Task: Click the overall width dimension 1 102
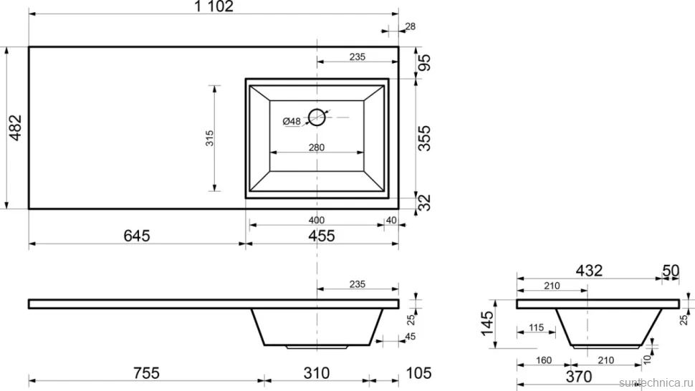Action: [x=214, y=6]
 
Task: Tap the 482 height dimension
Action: [x=15, y=127]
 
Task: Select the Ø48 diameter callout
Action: [x=291, y=121]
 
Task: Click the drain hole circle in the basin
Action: [x=317, y=117]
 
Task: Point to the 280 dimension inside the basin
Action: [x=317, y=147]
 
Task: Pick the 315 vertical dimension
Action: [x=210, y=138]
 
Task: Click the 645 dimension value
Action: [x=137, y=236]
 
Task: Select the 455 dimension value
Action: [x=322, y=236]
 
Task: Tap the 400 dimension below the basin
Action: [x=317, y=220]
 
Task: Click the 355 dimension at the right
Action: [x=424, y=138]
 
